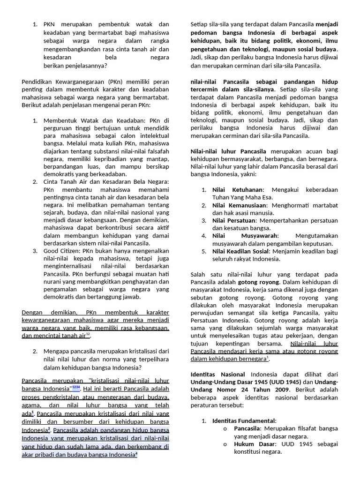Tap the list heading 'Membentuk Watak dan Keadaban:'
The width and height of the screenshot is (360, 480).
(x=90, y=121)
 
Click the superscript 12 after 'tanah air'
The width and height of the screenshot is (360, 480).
(x=88, y=334)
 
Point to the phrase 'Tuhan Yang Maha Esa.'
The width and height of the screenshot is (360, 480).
(x=240, y=197)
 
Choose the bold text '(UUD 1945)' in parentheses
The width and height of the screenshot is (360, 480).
(x=287, y=382)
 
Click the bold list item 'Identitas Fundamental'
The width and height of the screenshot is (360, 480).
(x=244, y=420)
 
